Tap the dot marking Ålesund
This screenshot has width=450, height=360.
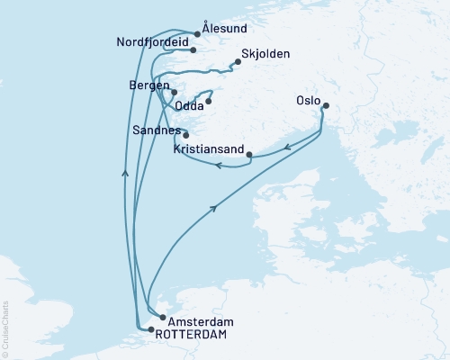click(x=197, y=34)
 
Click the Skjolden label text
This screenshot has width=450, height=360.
click(x=266, y=54)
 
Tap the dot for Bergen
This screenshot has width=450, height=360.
click(x=174, y=92)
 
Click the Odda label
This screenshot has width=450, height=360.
click(x=188, y=106)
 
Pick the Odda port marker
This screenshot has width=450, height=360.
click(x=208, y=101)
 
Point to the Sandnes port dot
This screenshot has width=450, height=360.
click(x=185, y=135)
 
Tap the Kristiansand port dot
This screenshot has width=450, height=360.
click(x=248, y=154)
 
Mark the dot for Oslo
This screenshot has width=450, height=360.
click(x=326, y=106)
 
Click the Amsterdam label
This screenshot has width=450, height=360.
click(x=195, y=321)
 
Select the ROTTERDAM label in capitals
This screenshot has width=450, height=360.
click(x=191, y=334)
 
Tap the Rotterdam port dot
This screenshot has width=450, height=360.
click(x=150, y=329)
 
